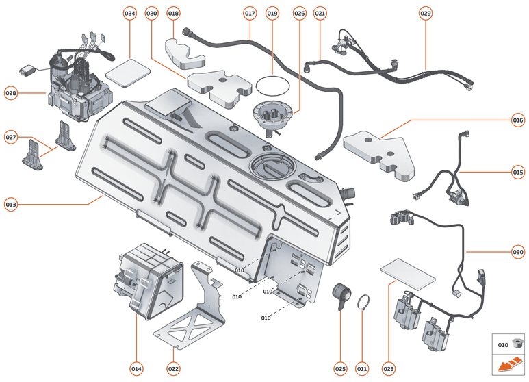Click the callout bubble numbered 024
130,14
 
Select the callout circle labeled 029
426,14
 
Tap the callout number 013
11,203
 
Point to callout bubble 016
517,120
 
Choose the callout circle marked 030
517,251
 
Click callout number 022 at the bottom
174,369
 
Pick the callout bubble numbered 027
11,137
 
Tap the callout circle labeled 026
299,14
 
